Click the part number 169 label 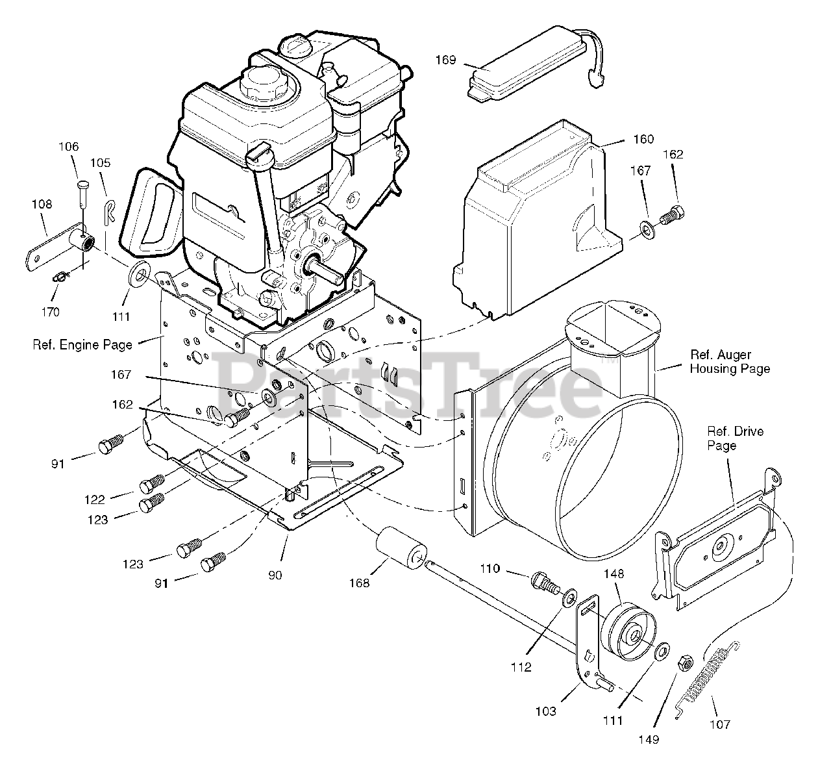click(445, 60)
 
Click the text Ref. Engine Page click(82, 345)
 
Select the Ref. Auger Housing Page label click(729, 362)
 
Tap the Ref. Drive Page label click(735, 438)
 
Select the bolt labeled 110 click(544, 581)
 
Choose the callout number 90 click(275, 575)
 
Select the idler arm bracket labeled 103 click(588, 643)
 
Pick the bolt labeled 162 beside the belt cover click(672, 214)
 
